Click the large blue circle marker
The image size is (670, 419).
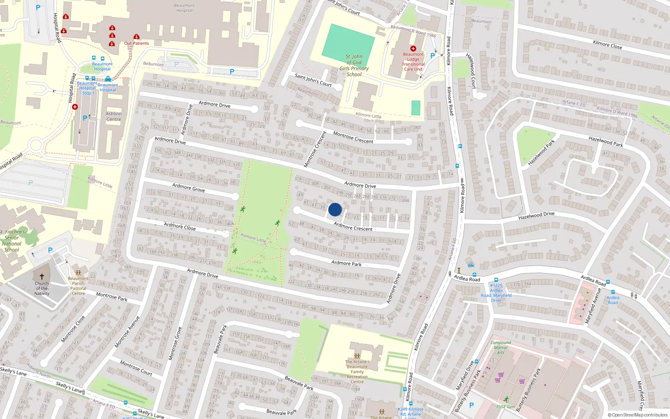coord(335,209)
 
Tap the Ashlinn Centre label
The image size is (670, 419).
coord(113,116)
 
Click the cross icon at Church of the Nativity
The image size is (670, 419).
coord(41,277)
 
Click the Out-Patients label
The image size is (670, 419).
coord(137,43)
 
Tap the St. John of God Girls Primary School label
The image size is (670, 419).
coord(354,65)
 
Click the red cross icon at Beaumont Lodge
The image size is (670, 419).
coord(413,49)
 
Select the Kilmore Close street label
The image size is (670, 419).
coord(607,44)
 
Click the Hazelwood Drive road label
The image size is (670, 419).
coord(536,216)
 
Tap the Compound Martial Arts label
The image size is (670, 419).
coord(500,347)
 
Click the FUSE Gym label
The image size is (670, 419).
coord(506,406)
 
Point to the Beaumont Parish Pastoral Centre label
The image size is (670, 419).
coord(78,286)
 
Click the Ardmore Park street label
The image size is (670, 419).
coord(346,263)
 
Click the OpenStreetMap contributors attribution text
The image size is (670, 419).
coord(638,415)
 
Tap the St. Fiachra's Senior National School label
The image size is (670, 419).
coord(13,241)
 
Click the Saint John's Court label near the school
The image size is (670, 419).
coord(313,80)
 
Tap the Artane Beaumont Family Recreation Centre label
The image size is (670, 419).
coord(357,372)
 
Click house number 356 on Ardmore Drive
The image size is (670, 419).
coord(157,150)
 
